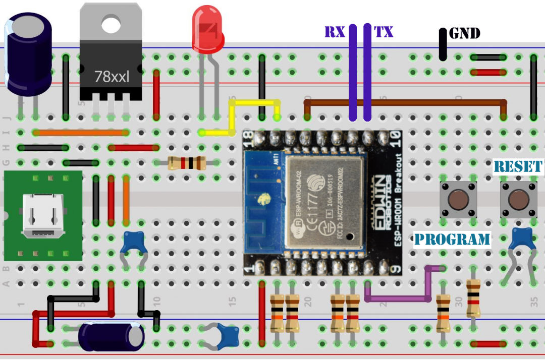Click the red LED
click(207, 30)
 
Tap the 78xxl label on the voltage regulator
click(112, 77)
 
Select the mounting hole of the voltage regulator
click(110, 22)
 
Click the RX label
click(335, 33)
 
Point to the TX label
click(384, 33)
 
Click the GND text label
click(464, 34)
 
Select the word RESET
click(518, 167)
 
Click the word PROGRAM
click(452, 239)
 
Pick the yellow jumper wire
click(232, 119)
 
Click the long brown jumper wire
click(404, 102)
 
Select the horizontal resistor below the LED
click(186, 163)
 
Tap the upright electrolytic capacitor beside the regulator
click(28, 54)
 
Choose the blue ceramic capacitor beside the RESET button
click(522, 238)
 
